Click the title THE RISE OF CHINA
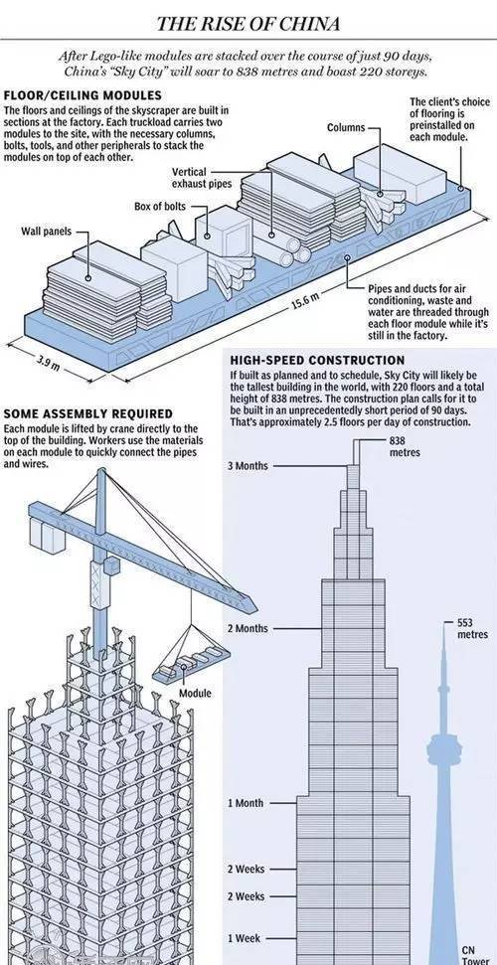(x=248, y=24)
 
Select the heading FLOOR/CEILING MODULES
(x=83, y=95)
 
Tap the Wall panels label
(x=47, y=232)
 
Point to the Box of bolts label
(x=159, y=206)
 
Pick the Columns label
(x=346, y=128)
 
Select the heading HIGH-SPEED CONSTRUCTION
(x=317, y=360)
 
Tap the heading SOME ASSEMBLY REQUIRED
(x=88, y=414)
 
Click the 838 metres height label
(x=405, y=446)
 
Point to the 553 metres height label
(x=472, y=628)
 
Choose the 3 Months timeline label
(x=248, y=466)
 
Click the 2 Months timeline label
(x=248, y=628)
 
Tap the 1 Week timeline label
(x=244, y=938)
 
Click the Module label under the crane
(x=195, y=694)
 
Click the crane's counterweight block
(x=49, y=535)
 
